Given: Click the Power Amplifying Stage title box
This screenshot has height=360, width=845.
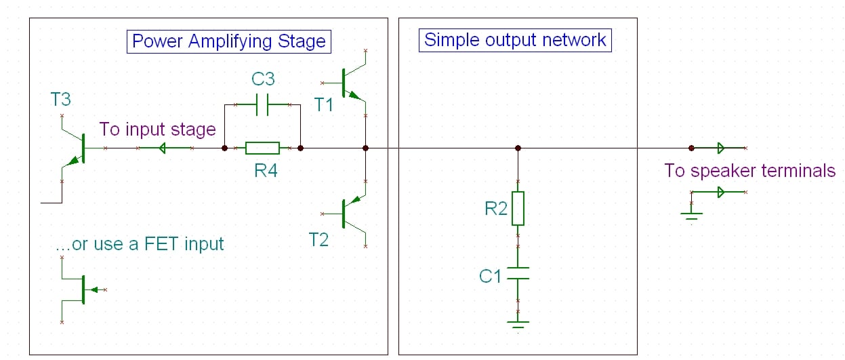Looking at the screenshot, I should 228,41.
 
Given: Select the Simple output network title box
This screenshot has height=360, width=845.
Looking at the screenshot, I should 515,39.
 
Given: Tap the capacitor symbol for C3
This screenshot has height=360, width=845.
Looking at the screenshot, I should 263,105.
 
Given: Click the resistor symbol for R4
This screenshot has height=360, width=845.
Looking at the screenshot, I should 262,148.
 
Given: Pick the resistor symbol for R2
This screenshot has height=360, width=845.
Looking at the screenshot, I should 518,208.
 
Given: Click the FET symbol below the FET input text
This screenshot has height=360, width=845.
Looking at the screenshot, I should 81,289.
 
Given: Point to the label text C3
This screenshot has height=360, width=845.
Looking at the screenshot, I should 263,79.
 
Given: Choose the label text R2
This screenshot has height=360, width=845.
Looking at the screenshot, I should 495,209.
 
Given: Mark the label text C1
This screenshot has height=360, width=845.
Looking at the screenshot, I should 490,276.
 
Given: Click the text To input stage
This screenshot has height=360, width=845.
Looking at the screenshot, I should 157,129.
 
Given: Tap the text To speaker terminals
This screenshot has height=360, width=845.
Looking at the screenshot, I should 749,170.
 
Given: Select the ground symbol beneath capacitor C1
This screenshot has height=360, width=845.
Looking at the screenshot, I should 518,323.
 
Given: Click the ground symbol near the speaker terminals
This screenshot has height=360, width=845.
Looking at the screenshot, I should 691,215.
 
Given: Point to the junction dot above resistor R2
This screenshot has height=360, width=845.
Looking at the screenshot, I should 518,148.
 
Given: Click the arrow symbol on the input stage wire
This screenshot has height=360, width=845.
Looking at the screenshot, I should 163,148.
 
